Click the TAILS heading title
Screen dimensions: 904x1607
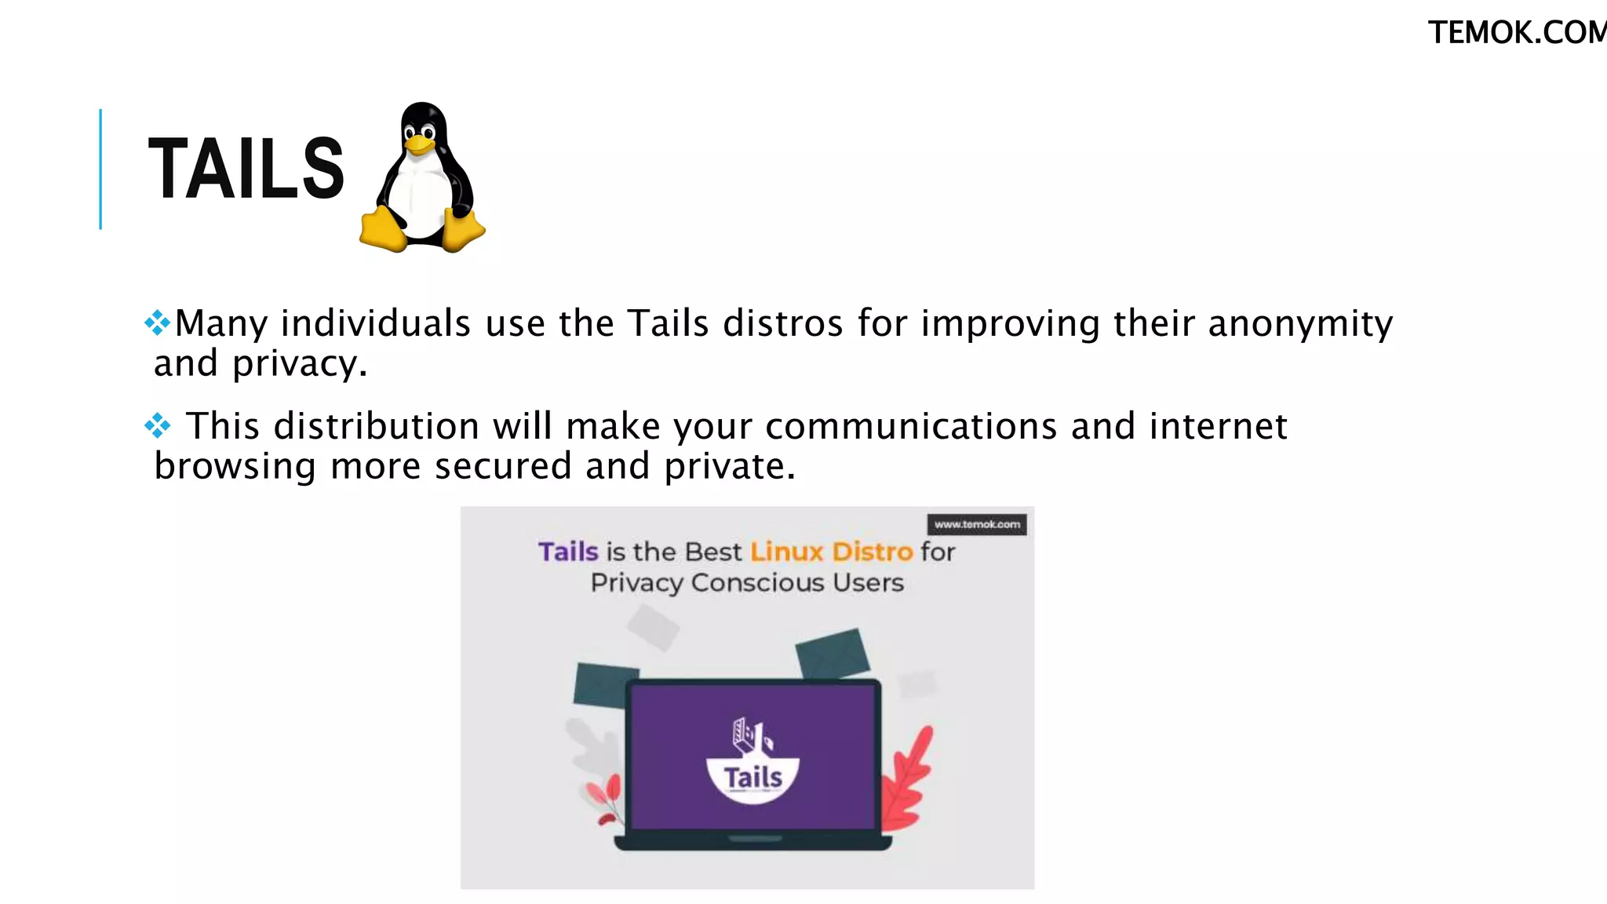click(246, 169)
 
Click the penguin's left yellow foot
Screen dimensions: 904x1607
click(383, 231)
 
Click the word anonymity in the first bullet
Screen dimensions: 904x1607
click(1300, 323)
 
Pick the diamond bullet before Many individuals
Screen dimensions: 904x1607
click(158, 323)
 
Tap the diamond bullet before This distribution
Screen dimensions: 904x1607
click(158, 425)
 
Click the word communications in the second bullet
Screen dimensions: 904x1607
click(911, 426)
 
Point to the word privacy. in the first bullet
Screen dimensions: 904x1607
click(300, 363)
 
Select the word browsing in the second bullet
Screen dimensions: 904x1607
click(235, 466)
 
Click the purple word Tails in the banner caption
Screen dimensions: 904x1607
click(568, 552)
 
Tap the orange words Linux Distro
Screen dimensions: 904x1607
click(831, 552)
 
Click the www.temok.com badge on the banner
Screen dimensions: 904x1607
click(977, 524)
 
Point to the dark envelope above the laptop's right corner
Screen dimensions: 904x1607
click(833, 653)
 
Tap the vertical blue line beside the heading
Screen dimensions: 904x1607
click(100, 169)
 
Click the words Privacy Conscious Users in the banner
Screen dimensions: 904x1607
click(747, 583)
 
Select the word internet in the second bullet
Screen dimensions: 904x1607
click(1218, 426)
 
